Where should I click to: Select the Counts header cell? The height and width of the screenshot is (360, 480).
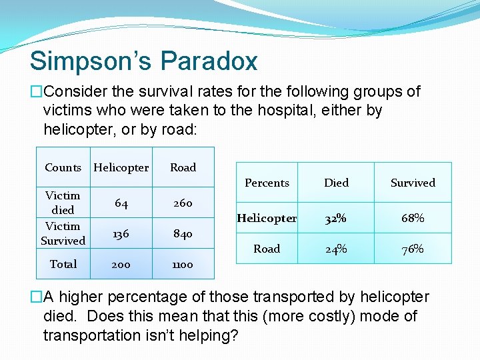tap(63, 167)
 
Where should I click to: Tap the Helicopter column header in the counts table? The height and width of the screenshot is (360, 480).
tap(121, 167)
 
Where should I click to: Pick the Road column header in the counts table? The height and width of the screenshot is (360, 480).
tap(183, 167)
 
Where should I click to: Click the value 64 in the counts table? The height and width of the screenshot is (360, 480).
tap(121, 203)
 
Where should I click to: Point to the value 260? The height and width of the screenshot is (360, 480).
tap(183, 203)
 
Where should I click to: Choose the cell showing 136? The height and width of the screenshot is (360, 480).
tap(121, 234)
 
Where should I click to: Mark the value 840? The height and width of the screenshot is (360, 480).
tap(183, 234)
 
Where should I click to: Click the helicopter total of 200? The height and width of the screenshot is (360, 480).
tap(121, 264)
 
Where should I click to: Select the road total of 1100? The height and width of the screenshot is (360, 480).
tap(183, 264)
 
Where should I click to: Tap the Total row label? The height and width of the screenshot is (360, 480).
tap(63, 264)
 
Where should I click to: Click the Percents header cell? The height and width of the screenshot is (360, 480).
tap(267, 183)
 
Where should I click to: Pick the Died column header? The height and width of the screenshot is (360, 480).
tap(336, 183)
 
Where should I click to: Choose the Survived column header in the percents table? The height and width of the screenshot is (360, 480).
tap(413, 183)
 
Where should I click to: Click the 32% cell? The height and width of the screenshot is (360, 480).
tap(336, 219)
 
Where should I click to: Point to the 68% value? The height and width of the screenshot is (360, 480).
tap(413, 219)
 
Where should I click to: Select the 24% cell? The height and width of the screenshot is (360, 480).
tap(336, 249)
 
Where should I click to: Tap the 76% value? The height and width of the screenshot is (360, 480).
tap(413, 249)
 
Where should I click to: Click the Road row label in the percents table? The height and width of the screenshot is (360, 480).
tap(267, 249)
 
